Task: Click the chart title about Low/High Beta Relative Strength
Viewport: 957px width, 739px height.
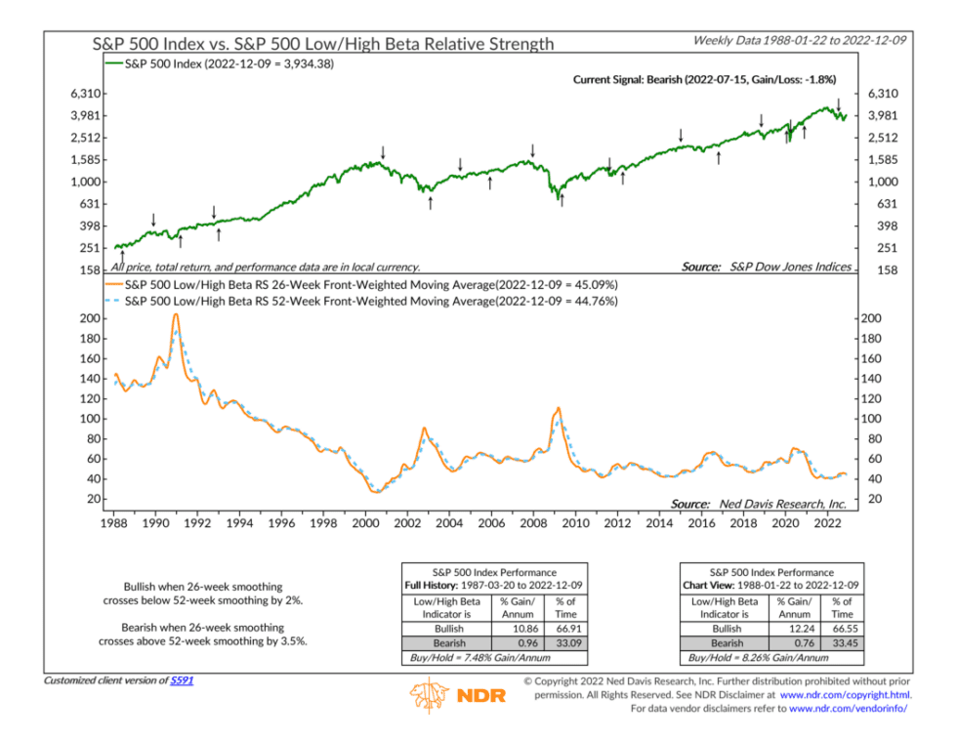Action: (x=322, y=43)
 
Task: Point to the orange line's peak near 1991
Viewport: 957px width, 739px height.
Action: (x=176, y=314)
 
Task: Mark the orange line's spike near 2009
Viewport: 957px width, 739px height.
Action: (x=558, y=408)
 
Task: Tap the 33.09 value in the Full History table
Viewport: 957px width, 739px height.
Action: (x=565, y=645)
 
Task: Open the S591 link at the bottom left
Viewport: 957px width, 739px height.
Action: (x=183, y=679)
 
